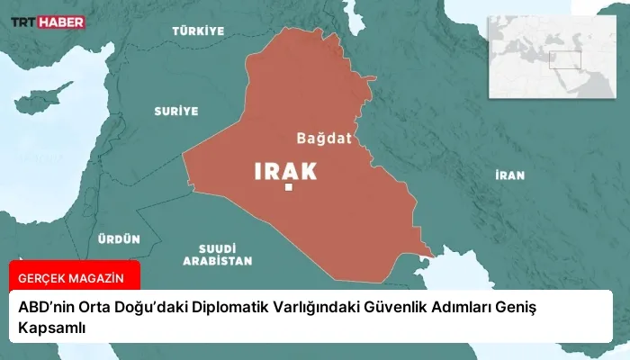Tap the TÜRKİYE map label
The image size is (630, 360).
pos(198,31)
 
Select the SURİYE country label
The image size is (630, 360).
pos(175,111)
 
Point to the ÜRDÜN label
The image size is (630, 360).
pos(120,238)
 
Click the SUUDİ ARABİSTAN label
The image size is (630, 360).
pos(217,254)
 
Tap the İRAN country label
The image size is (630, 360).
pos(509,175)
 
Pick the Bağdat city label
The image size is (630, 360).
pos(324,139)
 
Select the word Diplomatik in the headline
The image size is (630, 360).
pos(223,309)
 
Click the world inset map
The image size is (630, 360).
pos(550,56)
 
